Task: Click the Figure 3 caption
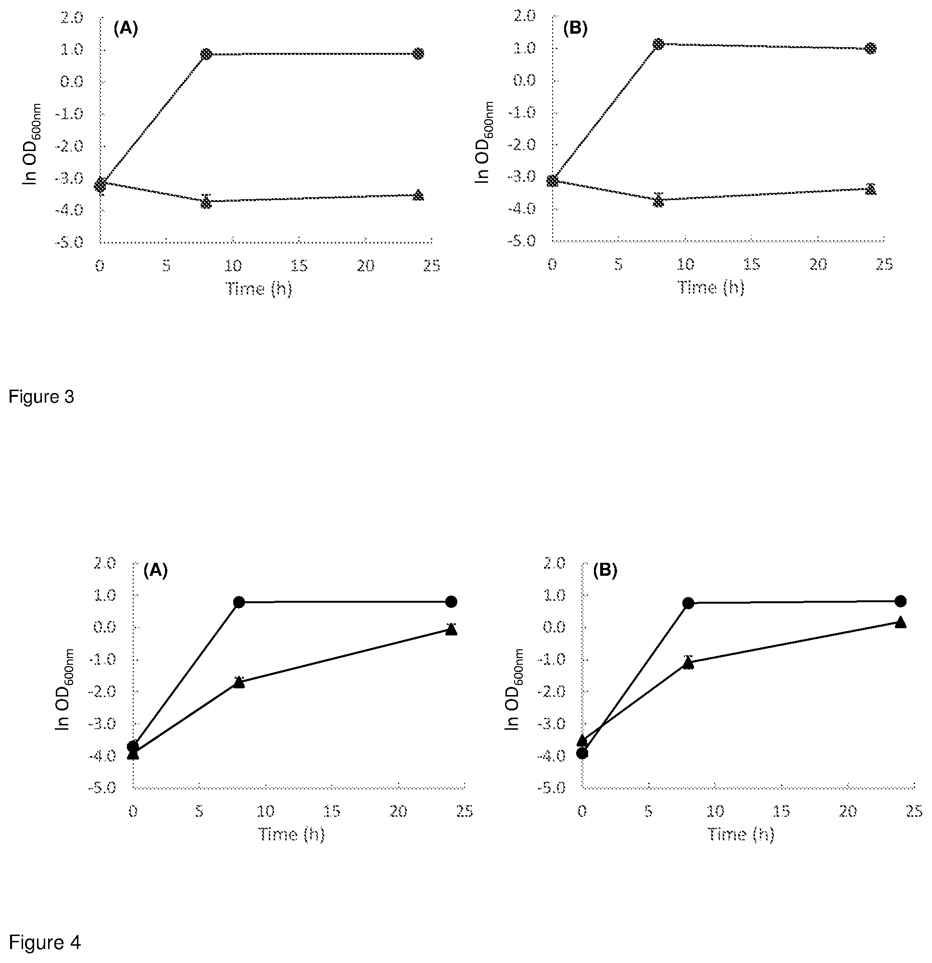41,396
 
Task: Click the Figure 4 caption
45,942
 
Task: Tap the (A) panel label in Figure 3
126,29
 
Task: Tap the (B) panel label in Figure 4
605,570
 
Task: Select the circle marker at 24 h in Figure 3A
418,53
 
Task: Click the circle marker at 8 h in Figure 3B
658,44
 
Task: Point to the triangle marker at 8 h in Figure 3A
206,202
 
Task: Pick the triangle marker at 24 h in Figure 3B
870,189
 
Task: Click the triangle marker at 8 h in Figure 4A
239,682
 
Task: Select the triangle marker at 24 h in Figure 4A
451,629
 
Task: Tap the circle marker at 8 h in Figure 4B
688,603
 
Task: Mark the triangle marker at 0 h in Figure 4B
582,740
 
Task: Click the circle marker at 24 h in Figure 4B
901,601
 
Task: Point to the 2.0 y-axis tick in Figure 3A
72,18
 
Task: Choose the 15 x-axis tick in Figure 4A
332,811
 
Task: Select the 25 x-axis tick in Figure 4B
914,811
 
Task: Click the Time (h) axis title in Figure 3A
259,289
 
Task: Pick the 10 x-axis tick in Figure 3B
685,265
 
